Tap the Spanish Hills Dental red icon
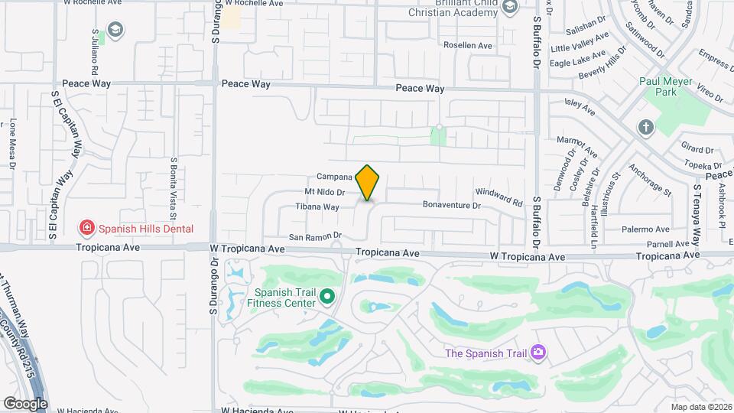pyautogui.click(x=87, y=228)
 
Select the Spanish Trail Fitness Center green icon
pyautogui.click(x=327, y=296)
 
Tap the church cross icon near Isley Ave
pyautogui.click(x=645, y=127)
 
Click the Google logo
pyautogui.click(x=25, y=403)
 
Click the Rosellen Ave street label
pyautogui.click(x=468, y=46)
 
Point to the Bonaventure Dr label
pyautogui.click(x=451, y=206)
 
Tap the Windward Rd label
pyautogui.click(x=498, y=197)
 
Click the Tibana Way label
pyautogui.click(x=317, y=207)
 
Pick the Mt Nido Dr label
pyautogui.click(x=325, y=192)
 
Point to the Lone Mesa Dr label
pyautogui.click(x=13, y=142)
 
